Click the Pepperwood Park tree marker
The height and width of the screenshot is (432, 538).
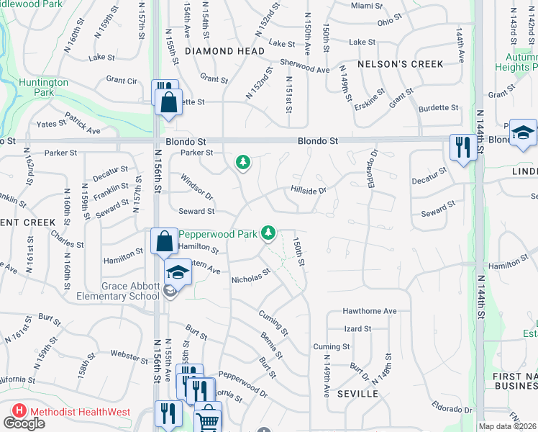[x=268, y=232]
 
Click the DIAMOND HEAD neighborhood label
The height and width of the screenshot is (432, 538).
[x=219, y=51]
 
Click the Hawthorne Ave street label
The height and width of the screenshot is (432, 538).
[x=370, y=311]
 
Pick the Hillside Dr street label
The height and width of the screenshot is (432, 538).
[x=309, y=191]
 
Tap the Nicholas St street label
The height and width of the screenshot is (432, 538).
[x=250, y=276]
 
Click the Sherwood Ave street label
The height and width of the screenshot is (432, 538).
[x=304, y=66]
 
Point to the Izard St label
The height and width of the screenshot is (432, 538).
[x=357, y=328]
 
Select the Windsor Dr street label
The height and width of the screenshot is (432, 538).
[x=197, y=186]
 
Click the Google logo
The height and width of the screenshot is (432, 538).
[x=24, y=423]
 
